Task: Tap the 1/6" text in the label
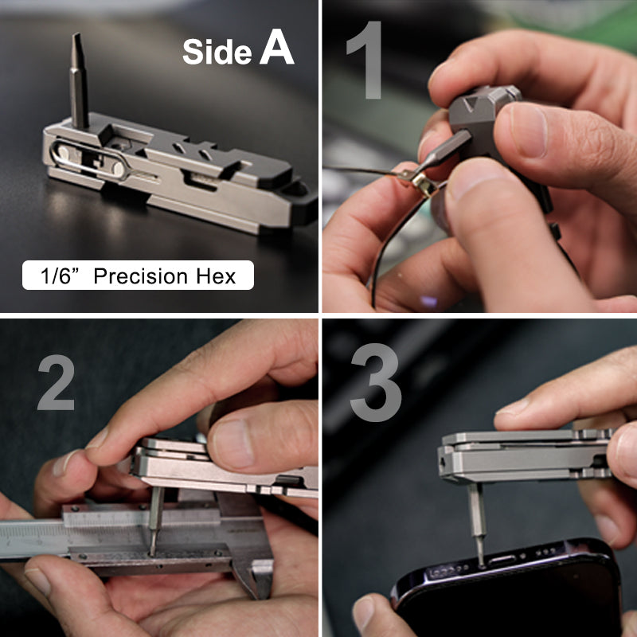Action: point(61,276)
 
